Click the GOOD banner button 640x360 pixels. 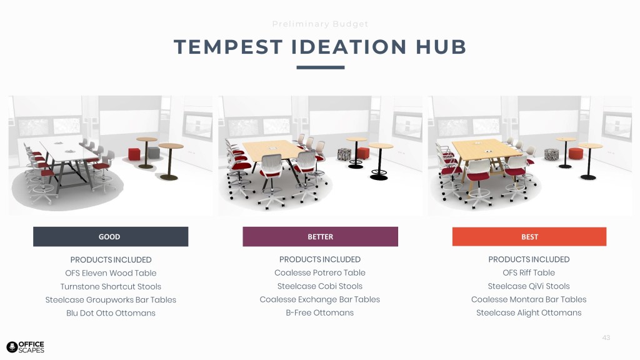(x=111, y=237)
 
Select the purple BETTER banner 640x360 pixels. (x=321, y=237)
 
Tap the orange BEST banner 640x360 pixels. (x=529, y=237)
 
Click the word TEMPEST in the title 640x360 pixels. (x=228, y=47)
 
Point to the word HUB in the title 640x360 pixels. (x=441, y=47)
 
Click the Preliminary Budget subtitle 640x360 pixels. (x=321, y=24)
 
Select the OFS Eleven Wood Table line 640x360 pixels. (x=111, y=273)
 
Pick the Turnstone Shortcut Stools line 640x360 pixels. (x=111, y=286)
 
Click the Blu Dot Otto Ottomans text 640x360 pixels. (x=111, y=313)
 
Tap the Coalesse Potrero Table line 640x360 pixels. (x=320, y=272)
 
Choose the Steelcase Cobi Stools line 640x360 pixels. (x=320, y=286)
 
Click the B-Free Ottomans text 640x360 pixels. (x=320, y=312)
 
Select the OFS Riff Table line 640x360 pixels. (x=529, y=272)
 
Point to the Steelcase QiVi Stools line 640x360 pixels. (x=529, y=286)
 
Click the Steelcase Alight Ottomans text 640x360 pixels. (x=529, y=312)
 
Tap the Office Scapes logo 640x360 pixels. (x=25, y=347)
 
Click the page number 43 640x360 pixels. (x=606, y=337)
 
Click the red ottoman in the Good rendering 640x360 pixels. (x=134, y=154)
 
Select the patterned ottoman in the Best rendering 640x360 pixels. (x=551, y=154)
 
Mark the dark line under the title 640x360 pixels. (x=321, y=67)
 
